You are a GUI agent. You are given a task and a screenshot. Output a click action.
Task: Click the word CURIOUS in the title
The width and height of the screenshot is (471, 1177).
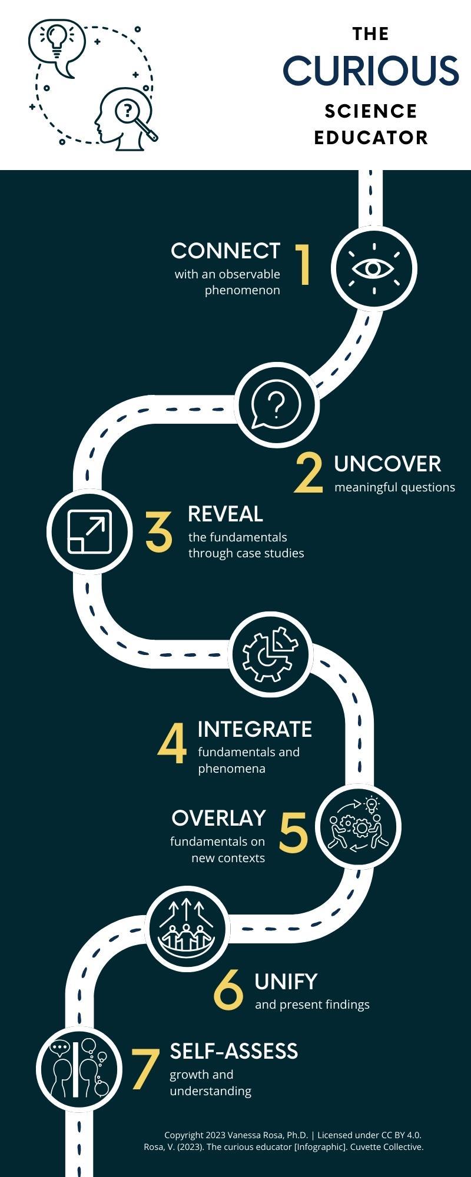coord(370,71)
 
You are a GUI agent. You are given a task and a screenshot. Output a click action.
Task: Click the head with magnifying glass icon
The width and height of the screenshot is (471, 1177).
coord(126,120)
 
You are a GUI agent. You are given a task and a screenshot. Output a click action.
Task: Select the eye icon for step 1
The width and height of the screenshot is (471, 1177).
coord(373,268)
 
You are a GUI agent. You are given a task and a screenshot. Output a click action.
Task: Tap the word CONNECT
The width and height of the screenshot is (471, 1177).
coord(225,251)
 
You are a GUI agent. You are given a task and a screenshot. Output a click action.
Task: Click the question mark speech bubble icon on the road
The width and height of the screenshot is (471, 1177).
coord(276,405)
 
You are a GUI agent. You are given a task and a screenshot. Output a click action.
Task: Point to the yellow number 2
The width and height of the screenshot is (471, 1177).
coord(309,473)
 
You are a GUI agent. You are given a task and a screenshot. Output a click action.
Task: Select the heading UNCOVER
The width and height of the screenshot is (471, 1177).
coord(387,464)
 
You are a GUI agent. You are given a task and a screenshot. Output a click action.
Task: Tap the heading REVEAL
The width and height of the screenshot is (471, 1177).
coord(225,514)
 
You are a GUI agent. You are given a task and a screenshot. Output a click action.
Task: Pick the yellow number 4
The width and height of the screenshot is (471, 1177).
coord(172,744)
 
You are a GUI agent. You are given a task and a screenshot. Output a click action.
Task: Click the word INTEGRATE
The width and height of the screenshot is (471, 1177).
coord(255,729)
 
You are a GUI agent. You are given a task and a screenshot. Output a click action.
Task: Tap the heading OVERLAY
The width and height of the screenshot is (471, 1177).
coord(218,818)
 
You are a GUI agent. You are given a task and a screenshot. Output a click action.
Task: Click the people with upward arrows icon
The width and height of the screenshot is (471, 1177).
coord(186,929)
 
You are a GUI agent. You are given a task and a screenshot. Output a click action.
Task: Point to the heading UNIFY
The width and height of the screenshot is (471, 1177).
coord(286,981)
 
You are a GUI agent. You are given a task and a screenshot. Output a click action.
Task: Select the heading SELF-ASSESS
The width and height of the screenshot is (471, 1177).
coord(234,1051)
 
